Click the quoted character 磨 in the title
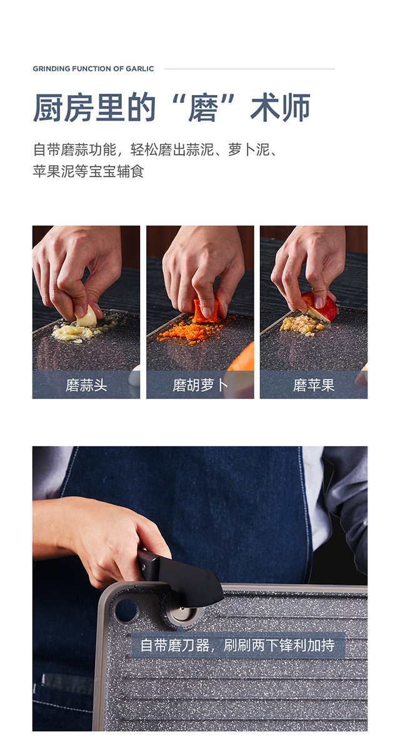click(203, 107)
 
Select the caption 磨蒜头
click(86, 385)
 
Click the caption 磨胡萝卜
click(200, 385)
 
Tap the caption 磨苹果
click(314, 385)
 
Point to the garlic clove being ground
click(87, 317)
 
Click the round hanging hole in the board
click(126, 610)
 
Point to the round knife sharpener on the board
click(181, 614)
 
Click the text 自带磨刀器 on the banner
click(175, 645)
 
